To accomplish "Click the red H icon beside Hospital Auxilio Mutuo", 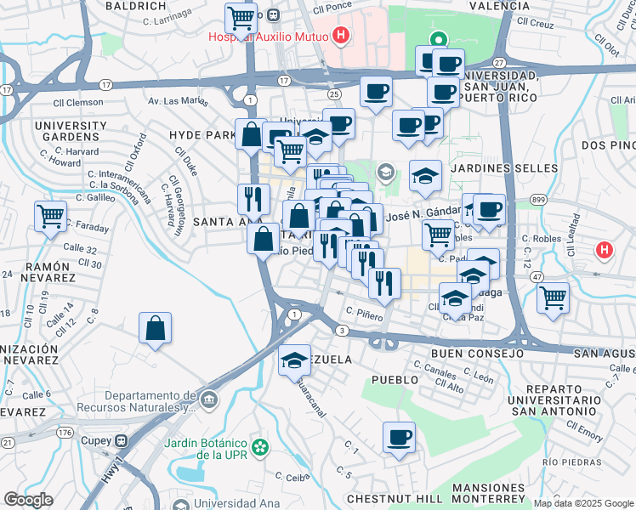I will coord(341,36).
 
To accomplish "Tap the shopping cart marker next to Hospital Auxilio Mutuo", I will coord(241,17).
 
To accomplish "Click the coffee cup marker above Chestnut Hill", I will coord(399,438).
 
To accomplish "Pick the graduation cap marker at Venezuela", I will coord(295,359).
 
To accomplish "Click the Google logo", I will coord(28,500).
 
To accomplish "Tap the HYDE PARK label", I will coord(202,135).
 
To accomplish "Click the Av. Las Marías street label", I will coord(179,101).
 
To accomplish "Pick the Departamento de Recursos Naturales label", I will coord(139,401).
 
